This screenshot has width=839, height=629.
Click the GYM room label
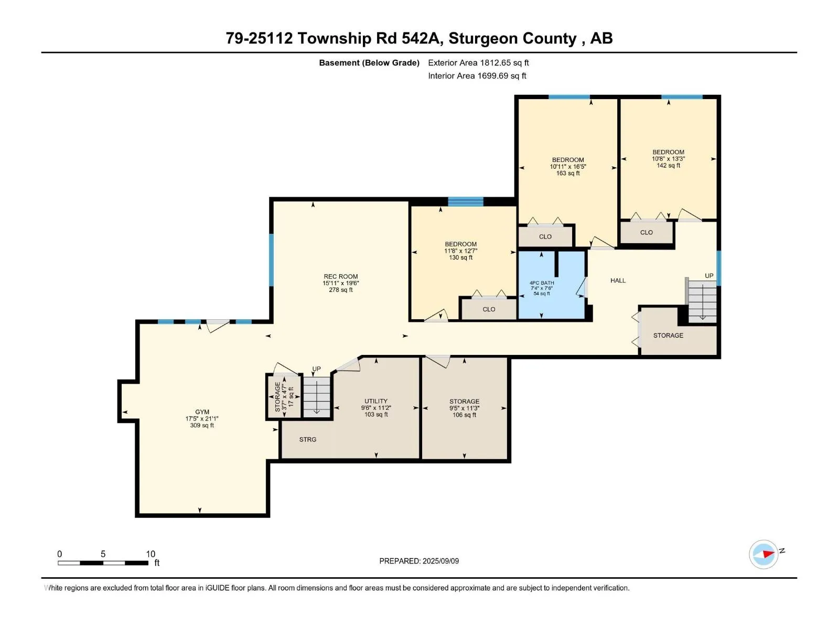[202, 411]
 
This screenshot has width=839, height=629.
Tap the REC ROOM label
[340, 277]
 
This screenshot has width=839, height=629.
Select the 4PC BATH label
[542, 283]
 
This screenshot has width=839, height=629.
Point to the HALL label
[618, 281]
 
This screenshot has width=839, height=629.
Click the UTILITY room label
[376, 401]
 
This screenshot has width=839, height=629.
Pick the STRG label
[308, 440]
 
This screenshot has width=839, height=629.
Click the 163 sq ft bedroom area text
[568, 173]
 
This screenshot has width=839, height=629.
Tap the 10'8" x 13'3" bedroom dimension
[668, 159]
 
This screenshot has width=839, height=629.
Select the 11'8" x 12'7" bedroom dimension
[460, 251]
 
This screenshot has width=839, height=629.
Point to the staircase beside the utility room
[317, 397]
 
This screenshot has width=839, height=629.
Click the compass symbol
[763, 554]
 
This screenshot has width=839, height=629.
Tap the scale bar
[103, 563]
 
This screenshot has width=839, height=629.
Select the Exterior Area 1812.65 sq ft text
[478, 62]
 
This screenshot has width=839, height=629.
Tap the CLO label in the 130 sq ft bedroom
[489, 309]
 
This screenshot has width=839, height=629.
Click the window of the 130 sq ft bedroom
[466, 202]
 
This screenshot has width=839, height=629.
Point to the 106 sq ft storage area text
[464, 415]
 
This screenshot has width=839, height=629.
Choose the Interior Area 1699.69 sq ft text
[477, 75]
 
